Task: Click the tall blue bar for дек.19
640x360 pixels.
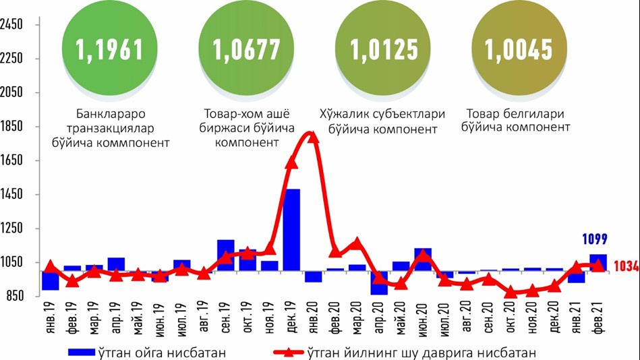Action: click(291, 229)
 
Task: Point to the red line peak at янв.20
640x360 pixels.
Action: click(312, 137)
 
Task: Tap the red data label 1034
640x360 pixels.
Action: click(626, 267)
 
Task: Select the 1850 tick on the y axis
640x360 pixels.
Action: click(12, 127)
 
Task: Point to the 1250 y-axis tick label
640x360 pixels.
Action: click(12, 229)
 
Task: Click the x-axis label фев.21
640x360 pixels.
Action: click(598, 317)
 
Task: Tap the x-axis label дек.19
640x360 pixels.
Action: click(292, 317)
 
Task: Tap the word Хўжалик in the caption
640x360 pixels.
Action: click(341, 114)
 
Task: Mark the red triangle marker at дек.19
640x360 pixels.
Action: click(291, 162)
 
